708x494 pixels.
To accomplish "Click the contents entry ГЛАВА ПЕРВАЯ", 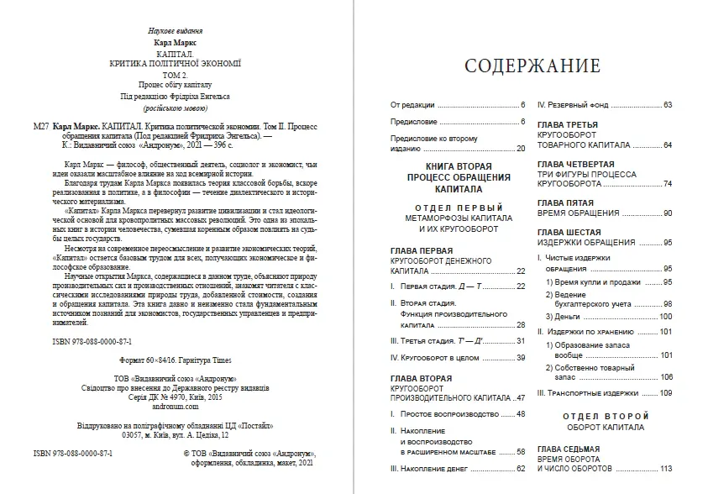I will [422, 250].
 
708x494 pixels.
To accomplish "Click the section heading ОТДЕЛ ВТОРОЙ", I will [605, 415].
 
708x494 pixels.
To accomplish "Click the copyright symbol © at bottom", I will [187, 451].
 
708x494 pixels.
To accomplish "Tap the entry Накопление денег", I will [446, 468].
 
